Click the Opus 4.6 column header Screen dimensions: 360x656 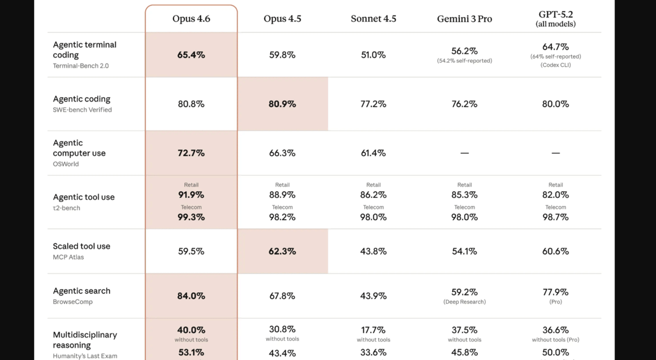pos(191,19)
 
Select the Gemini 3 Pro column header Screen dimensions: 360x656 pos(464,19)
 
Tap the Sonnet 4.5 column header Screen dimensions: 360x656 pos(373,19)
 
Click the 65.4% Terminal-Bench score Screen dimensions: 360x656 pos(191,55)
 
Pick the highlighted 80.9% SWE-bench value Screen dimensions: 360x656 pos(282,104)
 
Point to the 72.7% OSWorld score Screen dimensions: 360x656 pos(191,153)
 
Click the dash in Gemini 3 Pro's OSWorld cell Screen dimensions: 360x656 pos(464,154)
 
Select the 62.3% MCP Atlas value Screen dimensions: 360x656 pos(282,251)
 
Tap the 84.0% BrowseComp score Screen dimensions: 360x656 pos(191,296)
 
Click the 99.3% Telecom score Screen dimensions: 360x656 pos(191,217)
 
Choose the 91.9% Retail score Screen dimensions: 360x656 pos(191,194)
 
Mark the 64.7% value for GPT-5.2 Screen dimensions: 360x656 pos(555,47)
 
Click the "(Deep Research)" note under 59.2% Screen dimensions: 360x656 pos(464,302)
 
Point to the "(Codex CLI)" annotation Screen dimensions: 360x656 pos(555,65)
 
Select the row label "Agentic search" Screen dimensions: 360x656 pos(81,291)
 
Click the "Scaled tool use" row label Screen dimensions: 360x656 pos(81,246)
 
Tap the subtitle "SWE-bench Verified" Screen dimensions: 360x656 pos(82,110)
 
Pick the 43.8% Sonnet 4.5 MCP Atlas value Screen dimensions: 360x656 pos(373,251)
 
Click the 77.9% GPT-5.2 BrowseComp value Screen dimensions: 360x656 pos(555,292)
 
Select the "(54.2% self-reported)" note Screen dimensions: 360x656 pos(464,61)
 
